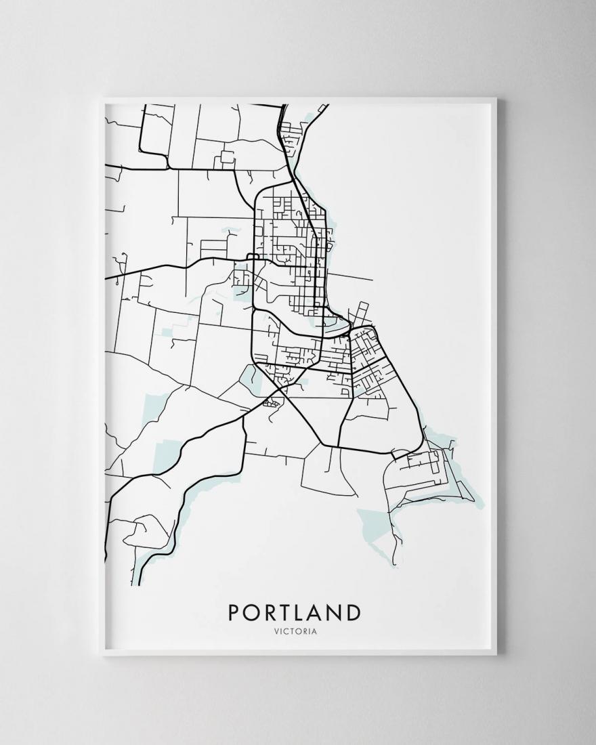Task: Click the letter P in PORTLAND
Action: tap(234, 612)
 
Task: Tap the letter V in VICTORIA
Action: tap(278, 633)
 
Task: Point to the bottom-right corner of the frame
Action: tap(496, 656)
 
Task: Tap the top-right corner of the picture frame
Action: tap(496, 100)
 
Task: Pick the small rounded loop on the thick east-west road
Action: tap(251, 257)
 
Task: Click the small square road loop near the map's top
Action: tap(226, 157)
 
